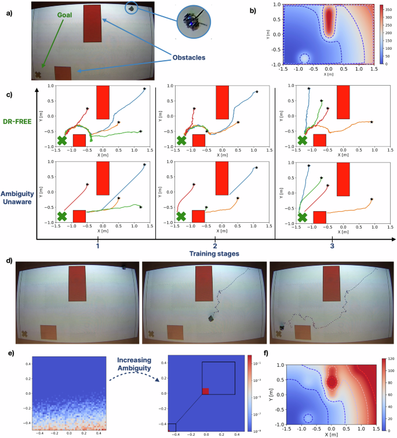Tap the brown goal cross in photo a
click(38, 75)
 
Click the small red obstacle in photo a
click(63, 73)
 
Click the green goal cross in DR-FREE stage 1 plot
click(62, 140)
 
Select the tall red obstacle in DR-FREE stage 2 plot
click(222, 102)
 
